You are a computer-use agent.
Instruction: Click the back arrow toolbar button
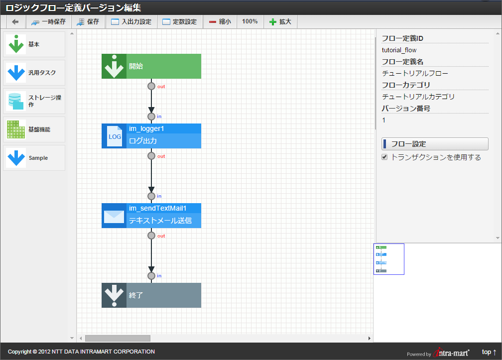(15, 22)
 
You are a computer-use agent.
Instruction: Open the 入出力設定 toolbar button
(131, 22)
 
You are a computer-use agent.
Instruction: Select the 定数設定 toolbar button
(179, 22)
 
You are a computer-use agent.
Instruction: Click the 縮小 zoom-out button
(220, 22)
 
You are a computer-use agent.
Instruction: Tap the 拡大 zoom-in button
(280, 22)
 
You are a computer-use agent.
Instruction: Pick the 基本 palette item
(34, 44)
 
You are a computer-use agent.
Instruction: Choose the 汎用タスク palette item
(34, 73)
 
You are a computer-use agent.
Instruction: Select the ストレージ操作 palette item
(34, 101)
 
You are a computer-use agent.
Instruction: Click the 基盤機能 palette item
(34, 129)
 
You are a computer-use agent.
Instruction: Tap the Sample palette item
(34, 158)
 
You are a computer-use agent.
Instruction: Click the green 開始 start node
(151, 66)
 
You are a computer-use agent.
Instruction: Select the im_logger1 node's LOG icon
(114, 136)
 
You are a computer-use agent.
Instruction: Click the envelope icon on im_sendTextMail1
(114, 216)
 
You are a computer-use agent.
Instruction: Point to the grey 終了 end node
(151, 295)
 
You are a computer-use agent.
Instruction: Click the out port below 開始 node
(151, 86)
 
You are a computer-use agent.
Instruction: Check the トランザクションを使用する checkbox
(384, 157)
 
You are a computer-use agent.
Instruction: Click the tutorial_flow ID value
(399, 50)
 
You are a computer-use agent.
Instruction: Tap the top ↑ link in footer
(489, 352)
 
